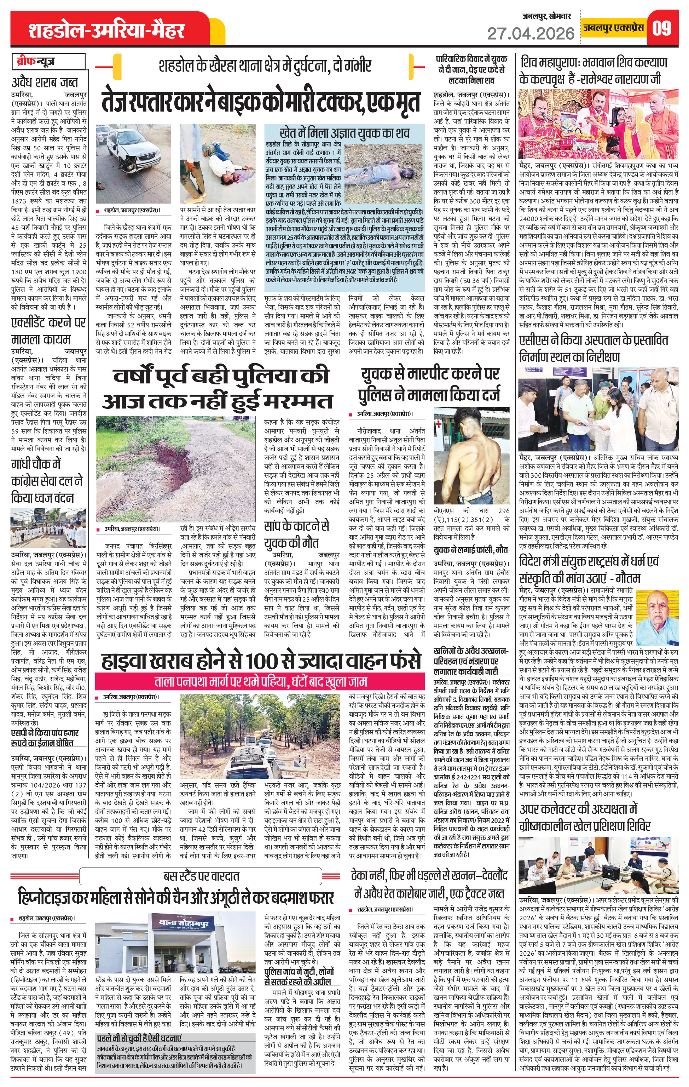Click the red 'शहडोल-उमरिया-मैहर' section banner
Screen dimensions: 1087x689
(107, 30)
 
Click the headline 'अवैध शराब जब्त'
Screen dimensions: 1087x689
(45, 82)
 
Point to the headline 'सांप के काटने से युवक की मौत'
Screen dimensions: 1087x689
(296, 534)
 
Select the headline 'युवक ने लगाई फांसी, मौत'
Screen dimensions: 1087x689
(471, 550)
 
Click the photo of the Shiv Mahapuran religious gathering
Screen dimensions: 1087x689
(598, 123)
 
